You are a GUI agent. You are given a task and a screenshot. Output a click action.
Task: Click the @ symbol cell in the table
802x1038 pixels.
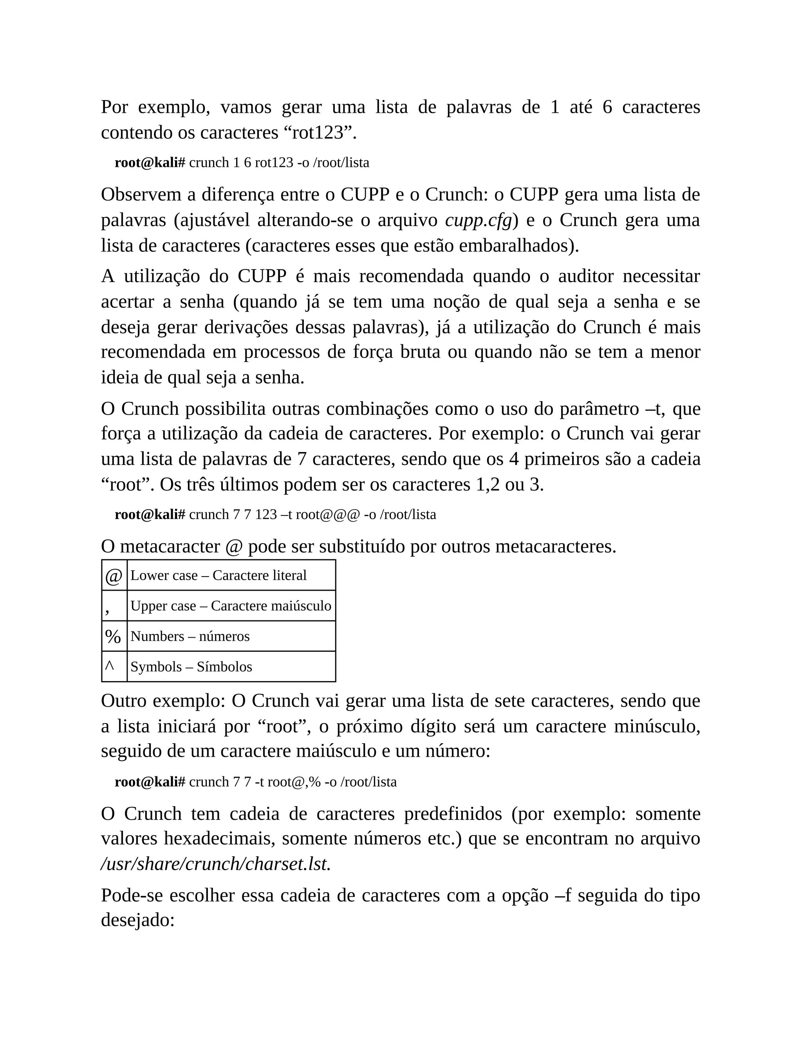click(114, 575)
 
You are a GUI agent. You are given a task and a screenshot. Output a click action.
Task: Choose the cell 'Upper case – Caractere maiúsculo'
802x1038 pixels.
click(231, 606)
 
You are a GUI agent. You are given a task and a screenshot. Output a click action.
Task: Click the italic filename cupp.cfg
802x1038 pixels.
click(479, 221)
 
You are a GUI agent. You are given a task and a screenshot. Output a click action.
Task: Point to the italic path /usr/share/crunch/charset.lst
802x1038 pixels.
click(216, 864)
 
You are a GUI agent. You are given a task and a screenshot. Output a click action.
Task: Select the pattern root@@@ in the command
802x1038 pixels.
click(328, 515)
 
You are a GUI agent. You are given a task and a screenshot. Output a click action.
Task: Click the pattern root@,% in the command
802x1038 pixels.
click(294, 782)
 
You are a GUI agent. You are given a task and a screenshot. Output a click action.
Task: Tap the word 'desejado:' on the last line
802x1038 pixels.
click(138, 920)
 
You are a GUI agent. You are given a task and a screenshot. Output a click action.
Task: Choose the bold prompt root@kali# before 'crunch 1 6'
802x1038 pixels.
click(150, 163)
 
